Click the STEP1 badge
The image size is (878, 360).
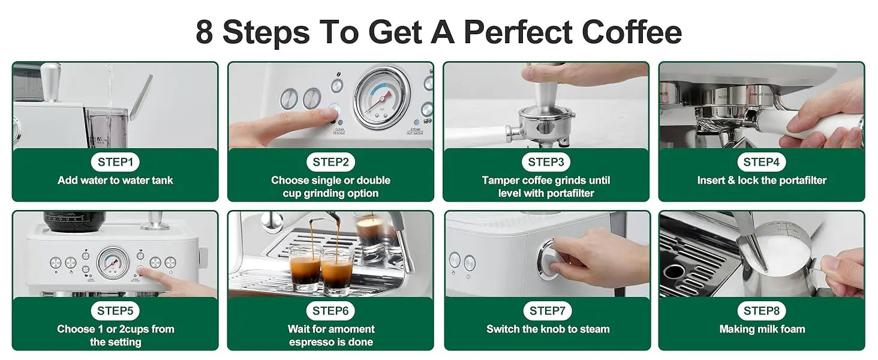115,162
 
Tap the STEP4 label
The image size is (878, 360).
761,162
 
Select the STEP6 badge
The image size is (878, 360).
330,311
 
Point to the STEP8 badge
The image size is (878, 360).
761,311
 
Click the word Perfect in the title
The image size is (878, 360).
518,32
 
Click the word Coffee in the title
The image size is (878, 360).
632,31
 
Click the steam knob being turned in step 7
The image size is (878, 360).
549,259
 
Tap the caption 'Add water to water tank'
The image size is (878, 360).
115,181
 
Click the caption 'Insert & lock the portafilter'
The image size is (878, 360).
762,181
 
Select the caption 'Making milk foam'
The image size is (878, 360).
762,329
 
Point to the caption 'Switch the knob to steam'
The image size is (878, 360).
548,329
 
